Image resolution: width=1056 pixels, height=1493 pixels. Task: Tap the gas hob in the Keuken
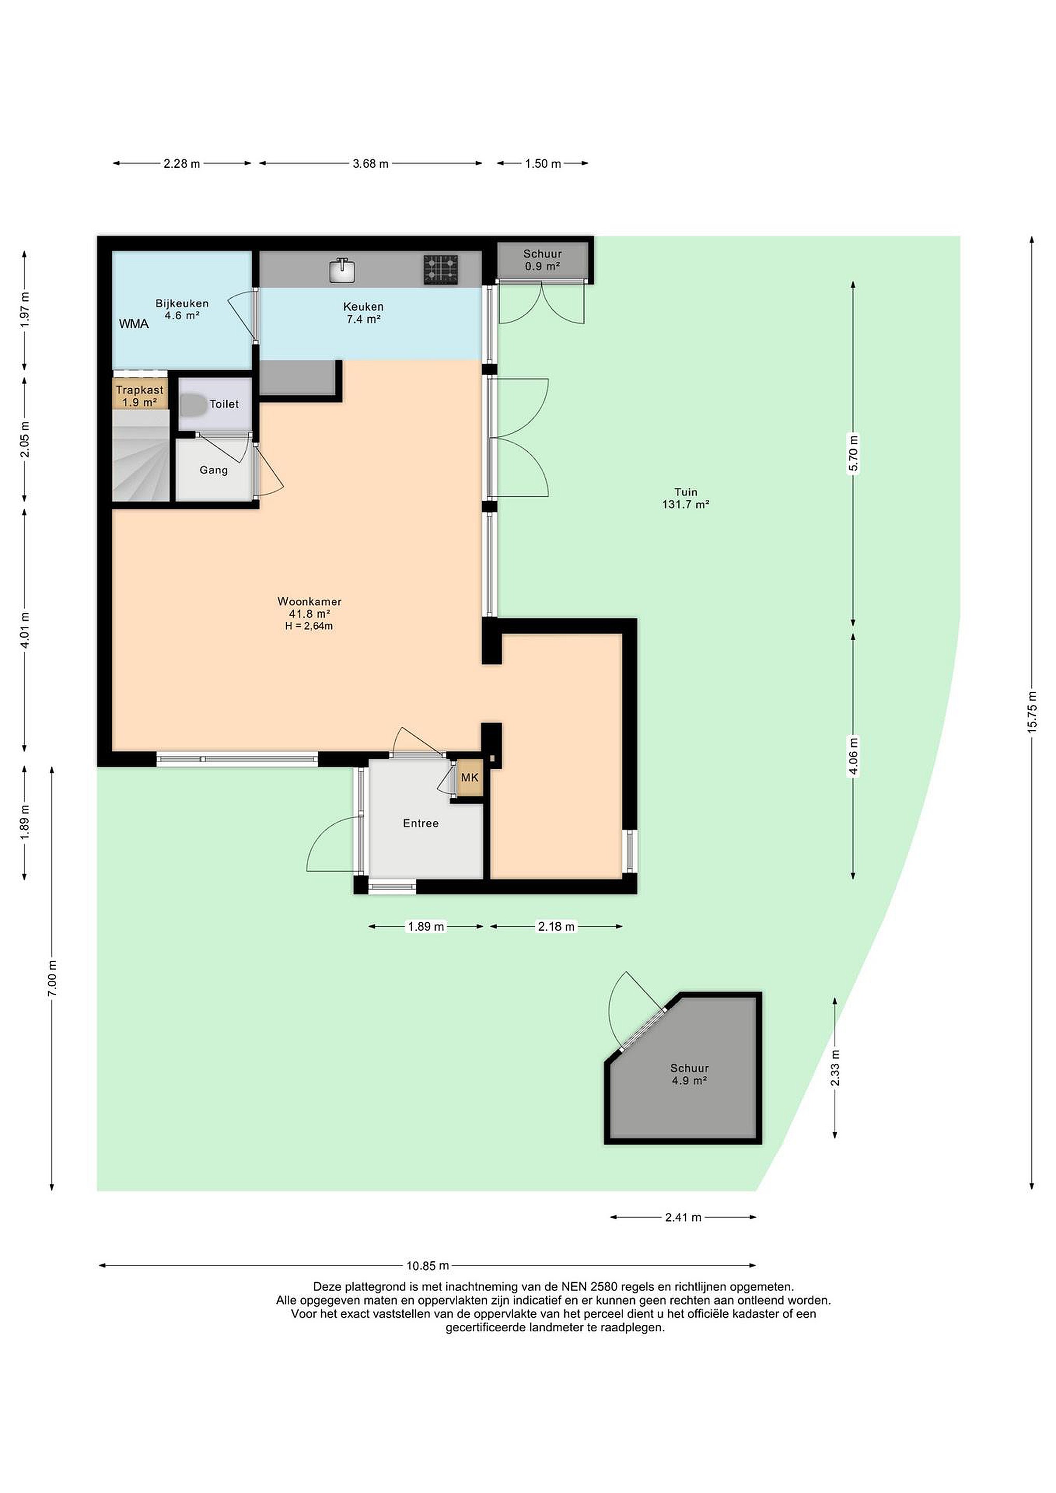(x=441, y=269)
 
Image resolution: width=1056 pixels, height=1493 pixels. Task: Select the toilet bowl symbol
(x=192, y=404)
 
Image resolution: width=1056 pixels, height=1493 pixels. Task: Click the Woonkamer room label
(x=309, y=601)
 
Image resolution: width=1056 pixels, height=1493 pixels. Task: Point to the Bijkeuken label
(x=182, y=303)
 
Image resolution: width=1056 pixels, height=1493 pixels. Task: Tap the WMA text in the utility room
(x=134, y=324)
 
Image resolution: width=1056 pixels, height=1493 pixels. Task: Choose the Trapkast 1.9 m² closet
(x=140, y=396)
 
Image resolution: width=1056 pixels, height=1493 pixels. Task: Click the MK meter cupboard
(x=470, y=777)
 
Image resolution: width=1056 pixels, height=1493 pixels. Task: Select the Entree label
(x=421, y=823)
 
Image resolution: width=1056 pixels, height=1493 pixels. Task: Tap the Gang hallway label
(x=214, y=470)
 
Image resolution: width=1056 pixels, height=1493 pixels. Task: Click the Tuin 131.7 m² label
(x=685, y=498)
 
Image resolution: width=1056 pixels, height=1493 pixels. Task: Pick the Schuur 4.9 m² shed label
(x=689, y=1074)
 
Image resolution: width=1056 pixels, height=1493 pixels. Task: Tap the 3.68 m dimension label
(x=371, y=164)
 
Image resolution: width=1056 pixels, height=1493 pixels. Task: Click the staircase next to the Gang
(x=140, y=456)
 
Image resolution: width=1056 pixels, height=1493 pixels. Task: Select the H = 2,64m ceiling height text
(x=309, y=626)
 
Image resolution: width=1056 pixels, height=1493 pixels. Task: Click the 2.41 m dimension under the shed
(x=683, y=1217)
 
